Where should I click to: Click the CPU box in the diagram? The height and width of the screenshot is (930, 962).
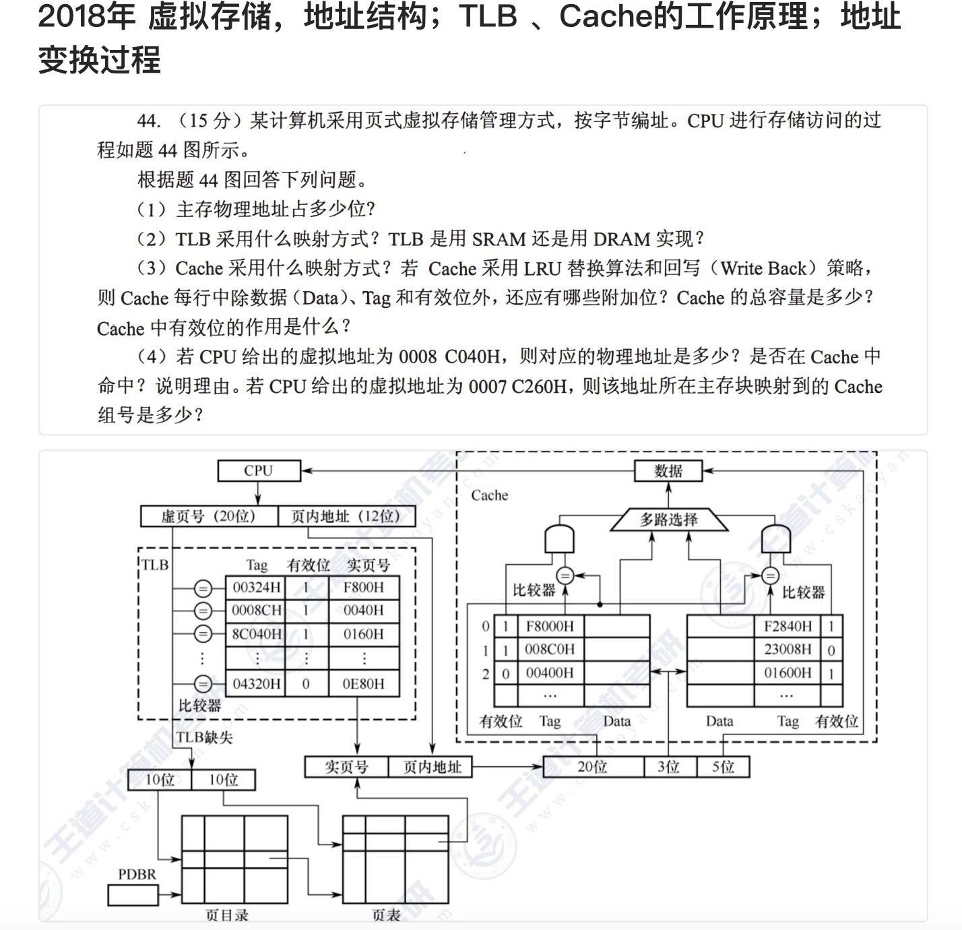click(x=259, y=470)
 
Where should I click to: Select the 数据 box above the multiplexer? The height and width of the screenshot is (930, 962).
click(x=668, y=470)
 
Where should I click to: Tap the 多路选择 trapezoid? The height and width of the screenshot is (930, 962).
click(x=669, y=520)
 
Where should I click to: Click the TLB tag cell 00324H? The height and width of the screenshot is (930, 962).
click(x=256, y=588)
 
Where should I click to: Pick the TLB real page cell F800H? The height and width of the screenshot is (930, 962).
click(x=363, y=588)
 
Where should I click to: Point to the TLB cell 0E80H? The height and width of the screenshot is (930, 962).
click(x=363, y=683)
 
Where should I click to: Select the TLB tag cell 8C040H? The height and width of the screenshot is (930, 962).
click(x=256, y=634)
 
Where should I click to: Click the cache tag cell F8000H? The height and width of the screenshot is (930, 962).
click(x=550, y=626)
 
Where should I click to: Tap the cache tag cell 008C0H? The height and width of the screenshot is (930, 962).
click(x=550, y=649)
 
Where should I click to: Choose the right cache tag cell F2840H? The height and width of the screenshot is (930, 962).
click(x=788, y=626)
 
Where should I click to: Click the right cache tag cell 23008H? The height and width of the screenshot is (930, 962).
click(x=788, y=649)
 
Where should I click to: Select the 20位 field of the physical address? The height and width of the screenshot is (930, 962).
click(x=592, y=767)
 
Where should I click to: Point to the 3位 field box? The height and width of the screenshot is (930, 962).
click(x=668, y=767)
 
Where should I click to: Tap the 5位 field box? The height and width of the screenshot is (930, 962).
click(x=724, y=767)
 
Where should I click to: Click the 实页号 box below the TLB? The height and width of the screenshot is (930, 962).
click(x=346, y=767)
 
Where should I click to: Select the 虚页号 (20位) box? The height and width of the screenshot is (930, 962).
click(x=209, y=516)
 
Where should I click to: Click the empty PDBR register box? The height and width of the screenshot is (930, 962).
click(x=133, y=895)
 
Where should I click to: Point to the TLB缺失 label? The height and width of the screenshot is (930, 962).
click(x=204, y=737)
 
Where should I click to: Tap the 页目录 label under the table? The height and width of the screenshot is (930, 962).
click(x=227, y=914)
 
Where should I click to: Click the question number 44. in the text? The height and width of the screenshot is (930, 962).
click(x=149, y=121)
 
